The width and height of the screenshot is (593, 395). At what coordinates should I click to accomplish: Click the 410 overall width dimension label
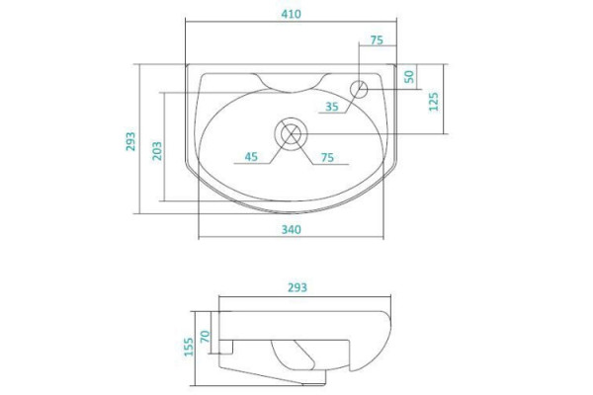pyautogui.click(x=292, y=14)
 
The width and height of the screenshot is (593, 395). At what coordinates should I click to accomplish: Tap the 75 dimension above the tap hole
pyautogui.click(x=377, y=40)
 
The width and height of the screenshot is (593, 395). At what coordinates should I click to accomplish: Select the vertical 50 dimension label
pyautogui.click(x=409, y=76)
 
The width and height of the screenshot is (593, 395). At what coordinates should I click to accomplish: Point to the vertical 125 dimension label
pyautogui.click(x=434, y=101)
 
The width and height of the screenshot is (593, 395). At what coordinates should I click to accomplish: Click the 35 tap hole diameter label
pyautogui.click(x=332, y=107)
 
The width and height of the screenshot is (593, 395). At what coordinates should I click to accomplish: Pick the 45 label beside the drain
pyautogui.click(x=251, y=157)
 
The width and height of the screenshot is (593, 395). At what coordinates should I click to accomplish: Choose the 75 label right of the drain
pyautogui.click(x=327, y=157)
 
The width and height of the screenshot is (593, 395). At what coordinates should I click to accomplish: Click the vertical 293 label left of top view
pyautogui.click(x=130, y=141)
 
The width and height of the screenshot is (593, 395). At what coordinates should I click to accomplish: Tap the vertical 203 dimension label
pyautogui.click(x=157, y=151)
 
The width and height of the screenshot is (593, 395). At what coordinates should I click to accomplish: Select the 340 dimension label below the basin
pyautogui.click(x=292, y=229)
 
